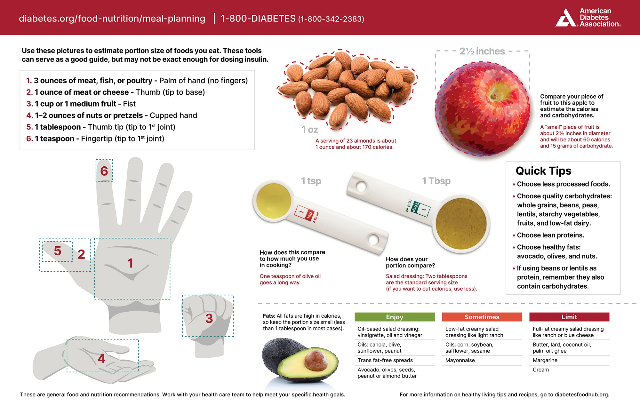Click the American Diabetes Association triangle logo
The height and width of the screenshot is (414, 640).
[566, 18]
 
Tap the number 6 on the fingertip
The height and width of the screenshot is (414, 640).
[104, 171]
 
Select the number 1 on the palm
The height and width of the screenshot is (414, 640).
[130, 263]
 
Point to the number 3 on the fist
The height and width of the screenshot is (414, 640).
[209, 318]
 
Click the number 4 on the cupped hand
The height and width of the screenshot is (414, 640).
[101, 358]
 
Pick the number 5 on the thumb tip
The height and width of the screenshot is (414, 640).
[57, 251]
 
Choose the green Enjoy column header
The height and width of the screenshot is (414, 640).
[395, 317]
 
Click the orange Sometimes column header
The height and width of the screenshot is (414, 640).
[482, 317]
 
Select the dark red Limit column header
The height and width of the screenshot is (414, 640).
[569, 317]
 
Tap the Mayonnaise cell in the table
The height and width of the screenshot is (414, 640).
[460, 360]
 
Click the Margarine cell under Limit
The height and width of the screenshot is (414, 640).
[545, 360]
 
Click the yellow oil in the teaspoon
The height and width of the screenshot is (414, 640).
[274, 201]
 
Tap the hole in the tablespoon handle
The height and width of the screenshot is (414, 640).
[361, 186]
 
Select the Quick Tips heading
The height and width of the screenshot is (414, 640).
[543, 171]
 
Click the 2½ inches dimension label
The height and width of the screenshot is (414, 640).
[482, 51]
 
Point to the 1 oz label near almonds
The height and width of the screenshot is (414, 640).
[310, 130]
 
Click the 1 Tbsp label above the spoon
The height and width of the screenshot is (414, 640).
[436, 181]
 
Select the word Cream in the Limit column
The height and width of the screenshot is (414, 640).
[541, 370]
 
